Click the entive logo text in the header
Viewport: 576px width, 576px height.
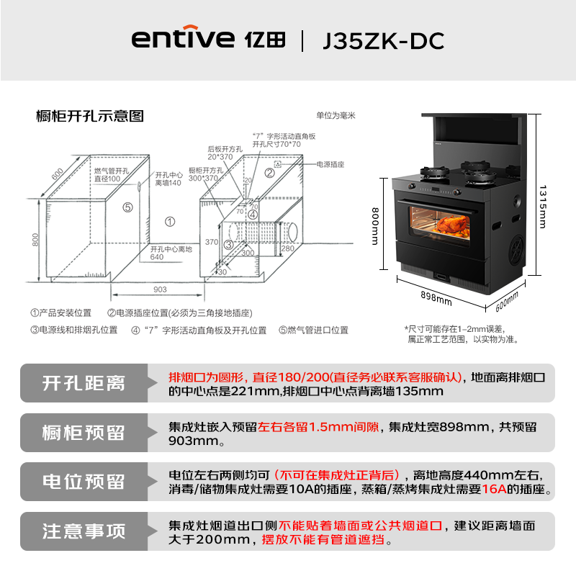tap(183, 40)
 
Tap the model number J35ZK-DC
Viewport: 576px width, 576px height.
tap(383, 40)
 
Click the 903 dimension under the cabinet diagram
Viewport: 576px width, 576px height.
tap(160, 289)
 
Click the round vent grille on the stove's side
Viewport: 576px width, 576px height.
tap(520, 251)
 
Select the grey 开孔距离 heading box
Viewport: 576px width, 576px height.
tap(84, 383)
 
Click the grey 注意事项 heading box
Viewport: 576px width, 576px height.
tap(84, 531)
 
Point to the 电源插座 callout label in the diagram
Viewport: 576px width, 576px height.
tap(330, 165)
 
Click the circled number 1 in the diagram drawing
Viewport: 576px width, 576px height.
tap(170, 222)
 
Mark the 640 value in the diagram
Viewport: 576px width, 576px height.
tap(156, 257)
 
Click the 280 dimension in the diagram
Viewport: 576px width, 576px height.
tap(287, 249)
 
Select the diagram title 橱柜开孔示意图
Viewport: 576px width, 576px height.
tap(90, 115)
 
